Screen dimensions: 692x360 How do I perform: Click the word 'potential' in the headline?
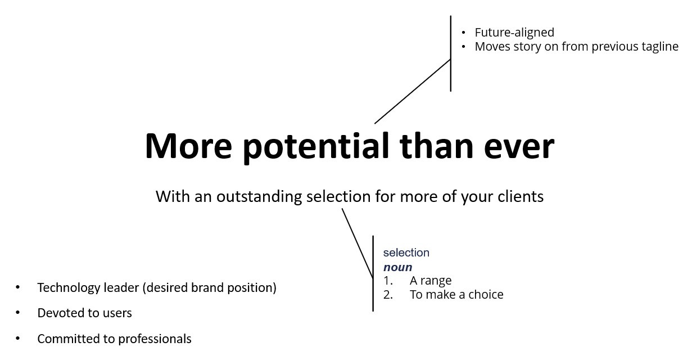point(315,147)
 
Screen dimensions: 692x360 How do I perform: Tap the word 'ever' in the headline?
point(519,147)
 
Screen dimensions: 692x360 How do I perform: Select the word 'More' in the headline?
point(188,146)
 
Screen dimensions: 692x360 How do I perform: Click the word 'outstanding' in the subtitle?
point(259,197)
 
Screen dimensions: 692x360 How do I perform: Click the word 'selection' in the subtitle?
point(338,196)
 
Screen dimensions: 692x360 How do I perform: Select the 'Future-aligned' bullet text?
point(514,33)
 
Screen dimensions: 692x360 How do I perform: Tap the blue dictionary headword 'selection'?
point(406,253)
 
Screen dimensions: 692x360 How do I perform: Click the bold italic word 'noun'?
point(398,267)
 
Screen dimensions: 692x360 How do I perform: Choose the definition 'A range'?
point(431,281)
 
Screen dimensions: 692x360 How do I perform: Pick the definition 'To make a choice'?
point(456,295)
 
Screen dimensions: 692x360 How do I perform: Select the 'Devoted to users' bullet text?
point(85,313)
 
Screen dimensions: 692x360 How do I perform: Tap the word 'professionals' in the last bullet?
point(155,339)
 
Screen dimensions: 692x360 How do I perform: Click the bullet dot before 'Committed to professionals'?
point(17,339)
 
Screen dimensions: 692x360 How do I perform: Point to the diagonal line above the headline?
point(413,92)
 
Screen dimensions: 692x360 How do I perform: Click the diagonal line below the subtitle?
point(358,243)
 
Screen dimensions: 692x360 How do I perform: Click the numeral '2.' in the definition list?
point(388,295)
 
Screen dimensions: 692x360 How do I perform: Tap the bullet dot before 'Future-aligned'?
point(463,33)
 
